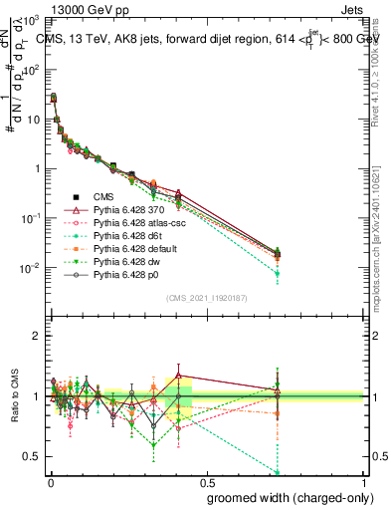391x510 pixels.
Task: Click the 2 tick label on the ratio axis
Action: [35, 337]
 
